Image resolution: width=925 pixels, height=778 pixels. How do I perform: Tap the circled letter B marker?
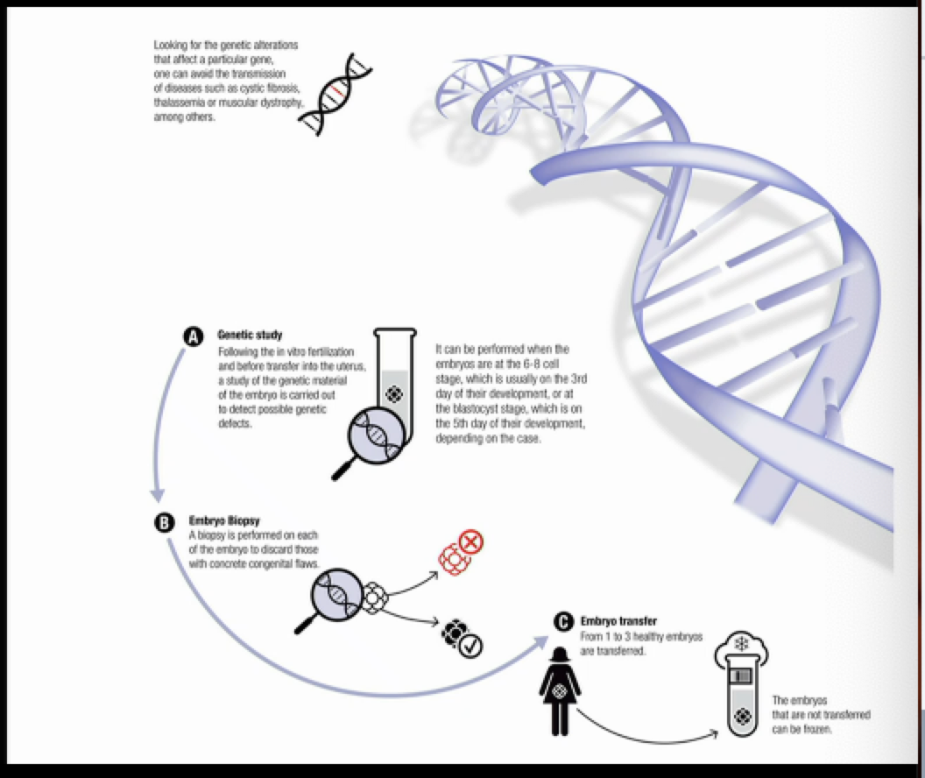click(164, 522)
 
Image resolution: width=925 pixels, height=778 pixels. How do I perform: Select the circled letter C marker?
click(563, 621)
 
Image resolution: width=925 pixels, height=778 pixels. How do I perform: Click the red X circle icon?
click(471, 543)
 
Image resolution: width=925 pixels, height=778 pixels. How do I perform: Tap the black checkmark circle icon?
click(470, 646)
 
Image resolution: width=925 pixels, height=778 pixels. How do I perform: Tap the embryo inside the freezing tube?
click(741, 715)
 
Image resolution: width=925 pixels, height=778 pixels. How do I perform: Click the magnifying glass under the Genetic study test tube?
click(373, 437)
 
